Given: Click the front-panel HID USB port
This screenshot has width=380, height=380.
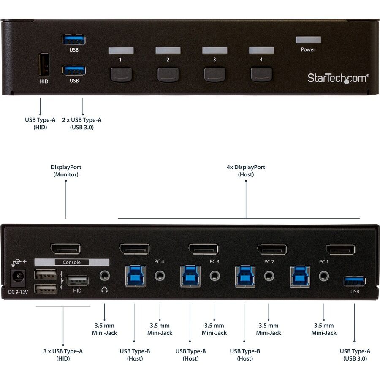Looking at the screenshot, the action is tap(44, 65).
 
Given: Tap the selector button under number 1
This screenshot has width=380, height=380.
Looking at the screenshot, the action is tap(121, 75).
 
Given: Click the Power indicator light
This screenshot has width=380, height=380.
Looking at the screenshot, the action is tap(308, 40).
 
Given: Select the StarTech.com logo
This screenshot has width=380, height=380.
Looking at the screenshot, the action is tap(338, 78).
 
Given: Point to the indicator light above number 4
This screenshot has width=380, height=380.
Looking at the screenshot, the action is tap(261, 50).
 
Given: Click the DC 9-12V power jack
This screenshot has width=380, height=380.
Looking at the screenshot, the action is tap(18, 278).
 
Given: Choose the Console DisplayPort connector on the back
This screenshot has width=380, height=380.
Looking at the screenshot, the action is tap(65, 249).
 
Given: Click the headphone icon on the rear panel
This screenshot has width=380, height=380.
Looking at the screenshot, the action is tap(104, 290).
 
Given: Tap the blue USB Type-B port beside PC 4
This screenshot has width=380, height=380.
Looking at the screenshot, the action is tap(135, 276).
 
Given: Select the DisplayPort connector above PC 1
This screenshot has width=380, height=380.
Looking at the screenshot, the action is tap(340, 250).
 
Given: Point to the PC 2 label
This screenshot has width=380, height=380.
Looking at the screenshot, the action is tap(269, 262).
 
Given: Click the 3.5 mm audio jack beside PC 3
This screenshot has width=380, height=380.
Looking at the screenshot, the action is tap(214, 276).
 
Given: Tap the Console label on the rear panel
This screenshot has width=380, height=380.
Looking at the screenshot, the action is tap(71, 262).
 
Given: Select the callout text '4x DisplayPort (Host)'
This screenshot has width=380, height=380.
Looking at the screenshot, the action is tap(246, 171).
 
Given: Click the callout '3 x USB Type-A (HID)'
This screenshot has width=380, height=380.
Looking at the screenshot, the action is tap(63, 355).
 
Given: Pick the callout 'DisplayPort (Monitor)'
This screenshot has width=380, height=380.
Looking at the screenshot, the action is tap(66, 171).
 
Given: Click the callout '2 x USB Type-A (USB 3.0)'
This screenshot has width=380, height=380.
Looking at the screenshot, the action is tap(81, 124).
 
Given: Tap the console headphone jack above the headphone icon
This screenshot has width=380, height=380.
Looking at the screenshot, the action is tap(104, 276).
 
